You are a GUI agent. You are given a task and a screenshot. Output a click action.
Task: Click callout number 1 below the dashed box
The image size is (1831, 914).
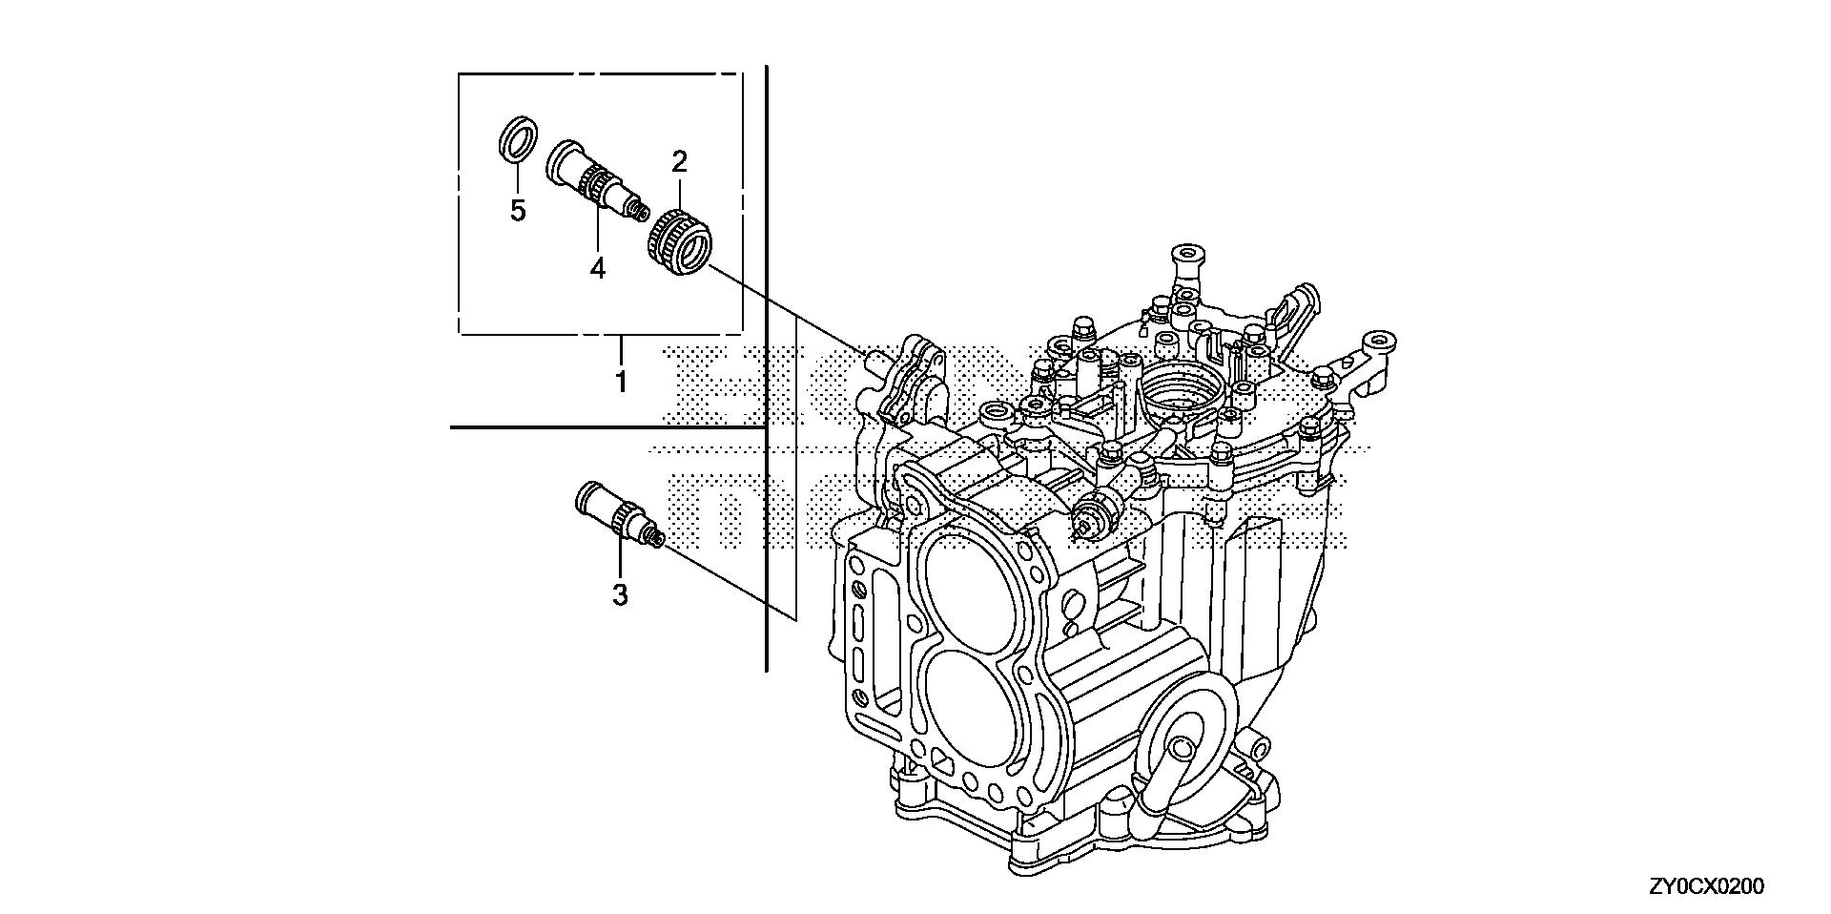click(620, 383)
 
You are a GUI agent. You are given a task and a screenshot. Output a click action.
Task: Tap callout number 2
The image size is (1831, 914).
click(679, 161)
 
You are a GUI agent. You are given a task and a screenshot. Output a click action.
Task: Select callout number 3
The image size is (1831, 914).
click(620, 595)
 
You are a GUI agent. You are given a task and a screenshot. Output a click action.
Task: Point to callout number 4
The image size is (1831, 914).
click(597, 268)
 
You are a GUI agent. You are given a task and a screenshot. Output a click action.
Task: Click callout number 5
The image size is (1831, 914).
click(517, 211)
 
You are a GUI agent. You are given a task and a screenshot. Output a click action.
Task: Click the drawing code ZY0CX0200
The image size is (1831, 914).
click(1706, 887)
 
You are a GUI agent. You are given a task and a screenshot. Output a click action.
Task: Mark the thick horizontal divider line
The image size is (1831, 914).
click(606, 428)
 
